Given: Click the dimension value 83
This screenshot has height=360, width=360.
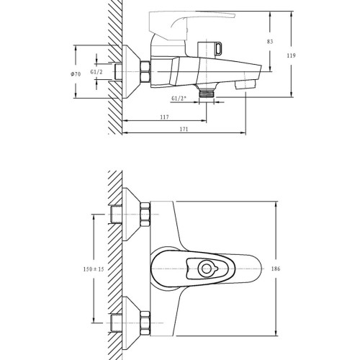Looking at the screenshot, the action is pyautogui.click(x=270, y=42).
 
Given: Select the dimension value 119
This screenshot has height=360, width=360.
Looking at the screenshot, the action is pyautogui.click(x=291, y=55).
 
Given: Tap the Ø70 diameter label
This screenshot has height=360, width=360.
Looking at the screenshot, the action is pyautogui.click(x=76, y=74).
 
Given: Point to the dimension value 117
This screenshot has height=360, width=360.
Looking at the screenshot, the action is pyautogui.click(x=164, y=117).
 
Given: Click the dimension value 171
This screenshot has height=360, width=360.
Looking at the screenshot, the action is pyautogui.click(x=184, y=129).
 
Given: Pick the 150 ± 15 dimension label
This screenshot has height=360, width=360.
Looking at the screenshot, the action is pyautogui.click(x=94, y=269).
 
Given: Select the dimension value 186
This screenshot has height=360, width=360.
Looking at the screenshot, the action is pyautogui.click(x=276, y=269).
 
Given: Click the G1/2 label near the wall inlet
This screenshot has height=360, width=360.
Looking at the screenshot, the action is pyautogui.click(x=96, y=72).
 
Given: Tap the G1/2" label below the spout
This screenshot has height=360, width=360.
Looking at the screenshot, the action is pyautogui.click(x=179, y=99).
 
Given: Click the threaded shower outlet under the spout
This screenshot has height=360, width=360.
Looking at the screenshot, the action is pyautogui.click(x=207, y=91).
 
